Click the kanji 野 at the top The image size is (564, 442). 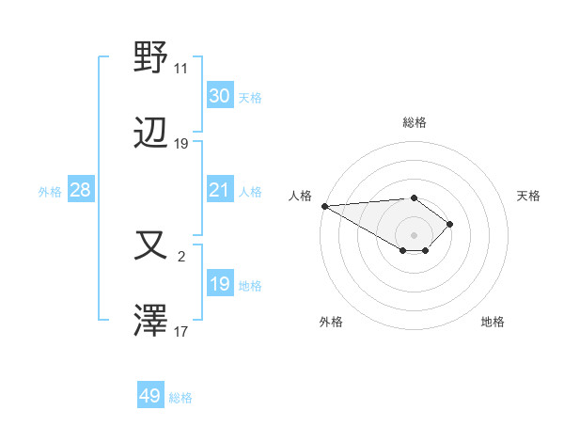click(x=151, y=57)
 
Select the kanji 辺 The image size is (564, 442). click(x=151, y=134)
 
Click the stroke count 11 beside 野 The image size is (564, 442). click(x=180, y=69)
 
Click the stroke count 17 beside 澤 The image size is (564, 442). click(x=180, y=332)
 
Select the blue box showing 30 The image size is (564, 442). click(x=219, y=96)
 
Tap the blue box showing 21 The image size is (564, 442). click(x=219, y=190)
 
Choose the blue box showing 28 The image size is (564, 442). click(x=80, y=190)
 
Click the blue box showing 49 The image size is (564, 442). click(x=149, y=396)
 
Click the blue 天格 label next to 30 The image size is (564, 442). click(x=249, y=98)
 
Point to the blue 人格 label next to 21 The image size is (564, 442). click(x=249, y=192)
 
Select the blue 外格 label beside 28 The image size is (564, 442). click(x=50, y=192)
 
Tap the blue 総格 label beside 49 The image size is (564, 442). click(x=180, y=398)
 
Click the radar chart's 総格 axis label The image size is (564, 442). click(x=414, y=122)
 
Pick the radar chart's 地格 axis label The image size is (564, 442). click(x=493, y=322)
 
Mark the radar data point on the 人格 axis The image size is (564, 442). click(x=324, y=206)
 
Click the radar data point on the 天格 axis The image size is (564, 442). click(x=451, y=224)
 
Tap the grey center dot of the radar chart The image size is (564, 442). click(x=414, y=235)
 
